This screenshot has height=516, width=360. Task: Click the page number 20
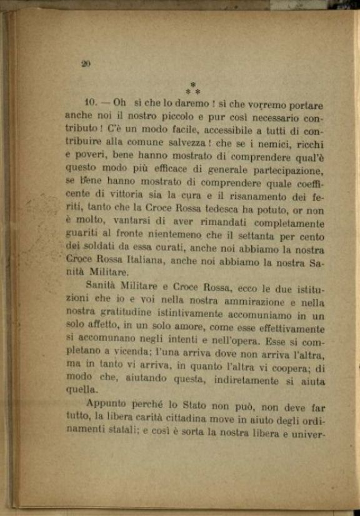point(86,63)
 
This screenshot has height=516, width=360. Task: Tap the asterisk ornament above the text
point(192,88)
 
